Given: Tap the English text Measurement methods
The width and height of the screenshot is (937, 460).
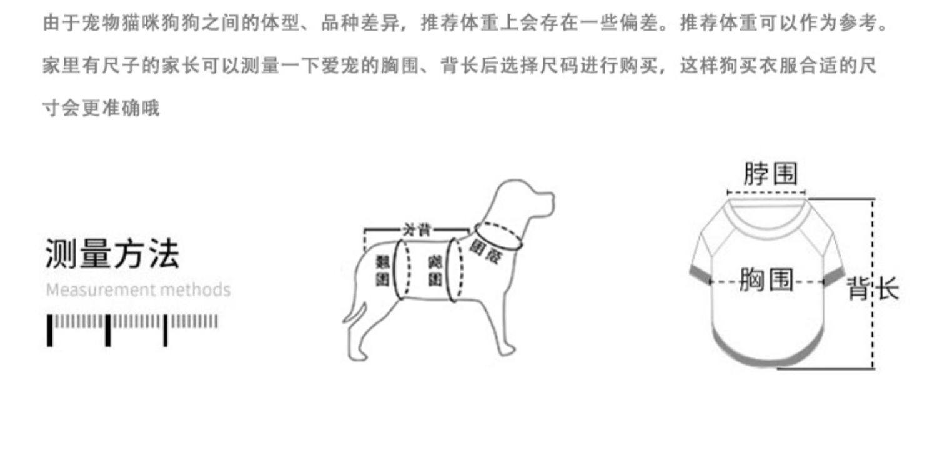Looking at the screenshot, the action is tap(138, 290).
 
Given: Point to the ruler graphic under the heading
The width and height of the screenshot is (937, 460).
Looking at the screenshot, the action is tap(133, 329).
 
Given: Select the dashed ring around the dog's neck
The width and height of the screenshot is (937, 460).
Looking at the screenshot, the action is tap(498, 236).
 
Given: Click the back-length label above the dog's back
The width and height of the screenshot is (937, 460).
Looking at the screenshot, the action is tap(416, 229).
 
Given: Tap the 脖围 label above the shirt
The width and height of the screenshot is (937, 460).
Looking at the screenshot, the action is tap(770, 173).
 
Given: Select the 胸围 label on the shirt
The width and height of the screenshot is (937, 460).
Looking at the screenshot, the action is tap(766, 281).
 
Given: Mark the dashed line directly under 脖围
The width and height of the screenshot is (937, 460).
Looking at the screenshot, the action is tap(766, 192).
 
